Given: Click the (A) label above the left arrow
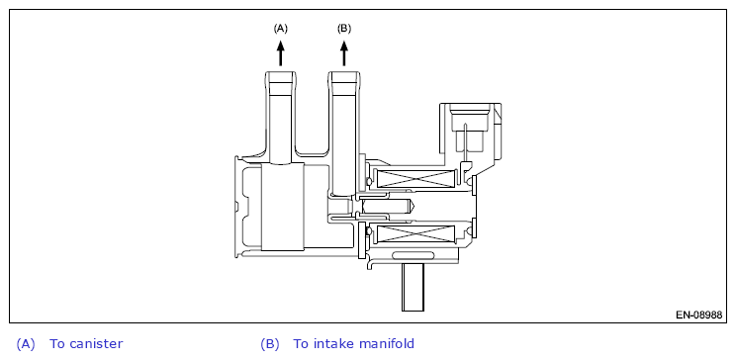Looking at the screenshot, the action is pyautogui.click(x=280, y=29).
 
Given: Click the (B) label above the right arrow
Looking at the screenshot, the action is pyautogui.click(x=343, y=29).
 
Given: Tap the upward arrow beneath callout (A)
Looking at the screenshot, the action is pyautogui.click(x=281, y=53).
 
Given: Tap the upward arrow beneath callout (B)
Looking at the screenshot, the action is pyautogui.click(x=344, y=53).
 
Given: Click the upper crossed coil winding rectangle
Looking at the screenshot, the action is pyautogui.click(x=415, y=179).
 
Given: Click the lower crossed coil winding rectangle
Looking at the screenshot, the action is pyautogui.click(x=415, y=233).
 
